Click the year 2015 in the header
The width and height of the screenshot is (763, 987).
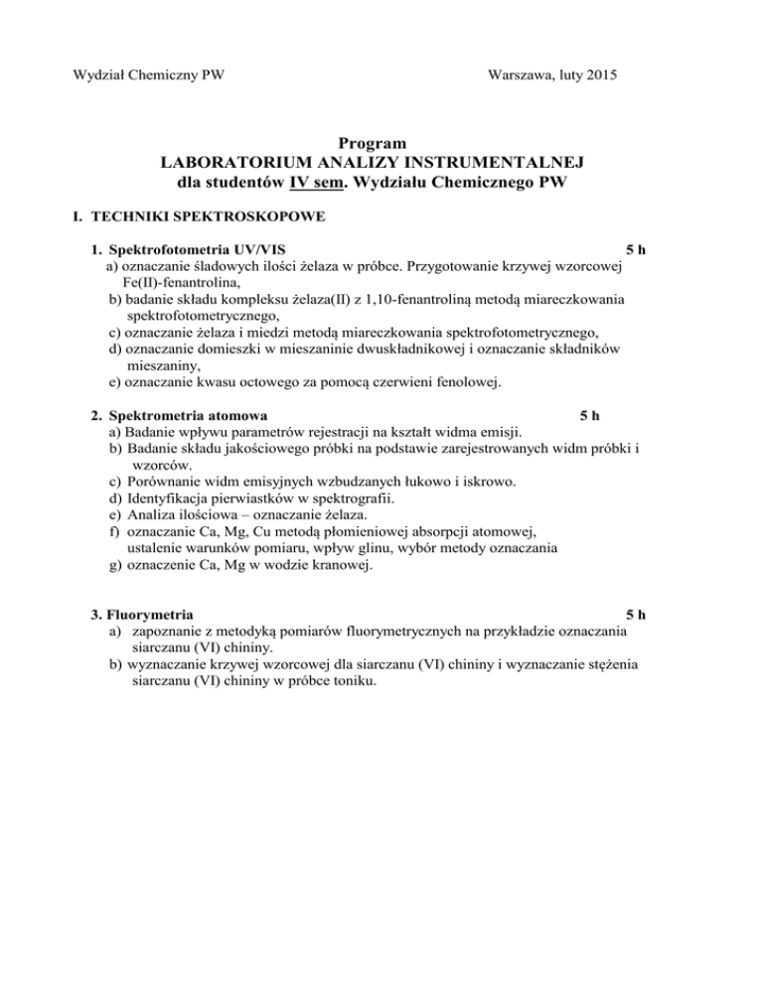click(596, 72)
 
